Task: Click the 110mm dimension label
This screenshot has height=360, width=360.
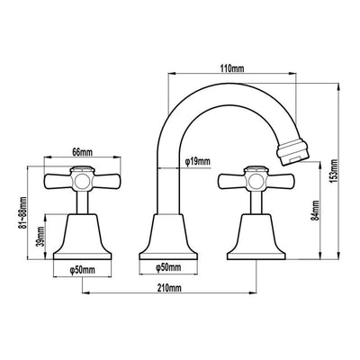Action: [232, 68]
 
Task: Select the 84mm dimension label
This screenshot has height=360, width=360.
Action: [315, 211]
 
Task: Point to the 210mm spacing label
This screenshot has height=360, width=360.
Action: [169, 288]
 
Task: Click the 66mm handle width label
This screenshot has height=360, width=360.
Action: [83, 152]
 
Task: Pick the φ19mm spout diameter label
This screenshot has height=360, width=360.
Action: [197, 162]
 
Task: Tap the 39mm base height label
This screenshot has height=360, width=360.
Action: [41, 237]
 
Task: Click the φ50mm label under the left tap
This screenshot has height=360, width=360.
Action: [82, 270]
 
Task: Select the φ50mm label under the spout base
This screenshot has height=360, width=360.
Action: [168, 267]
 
